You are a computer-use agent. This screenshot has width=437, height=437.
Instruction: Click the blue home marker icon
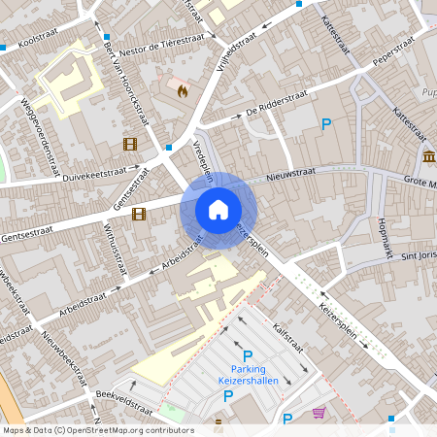point(218,209)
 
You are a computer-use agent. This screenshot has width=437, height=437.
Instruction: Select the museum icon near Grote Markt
point(428,157)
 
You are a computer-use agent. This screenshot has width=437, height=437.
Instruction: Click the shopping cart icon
point(319,413)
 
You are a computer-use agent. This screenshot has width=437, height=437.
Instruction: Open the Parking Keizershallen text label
point(248,374)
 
